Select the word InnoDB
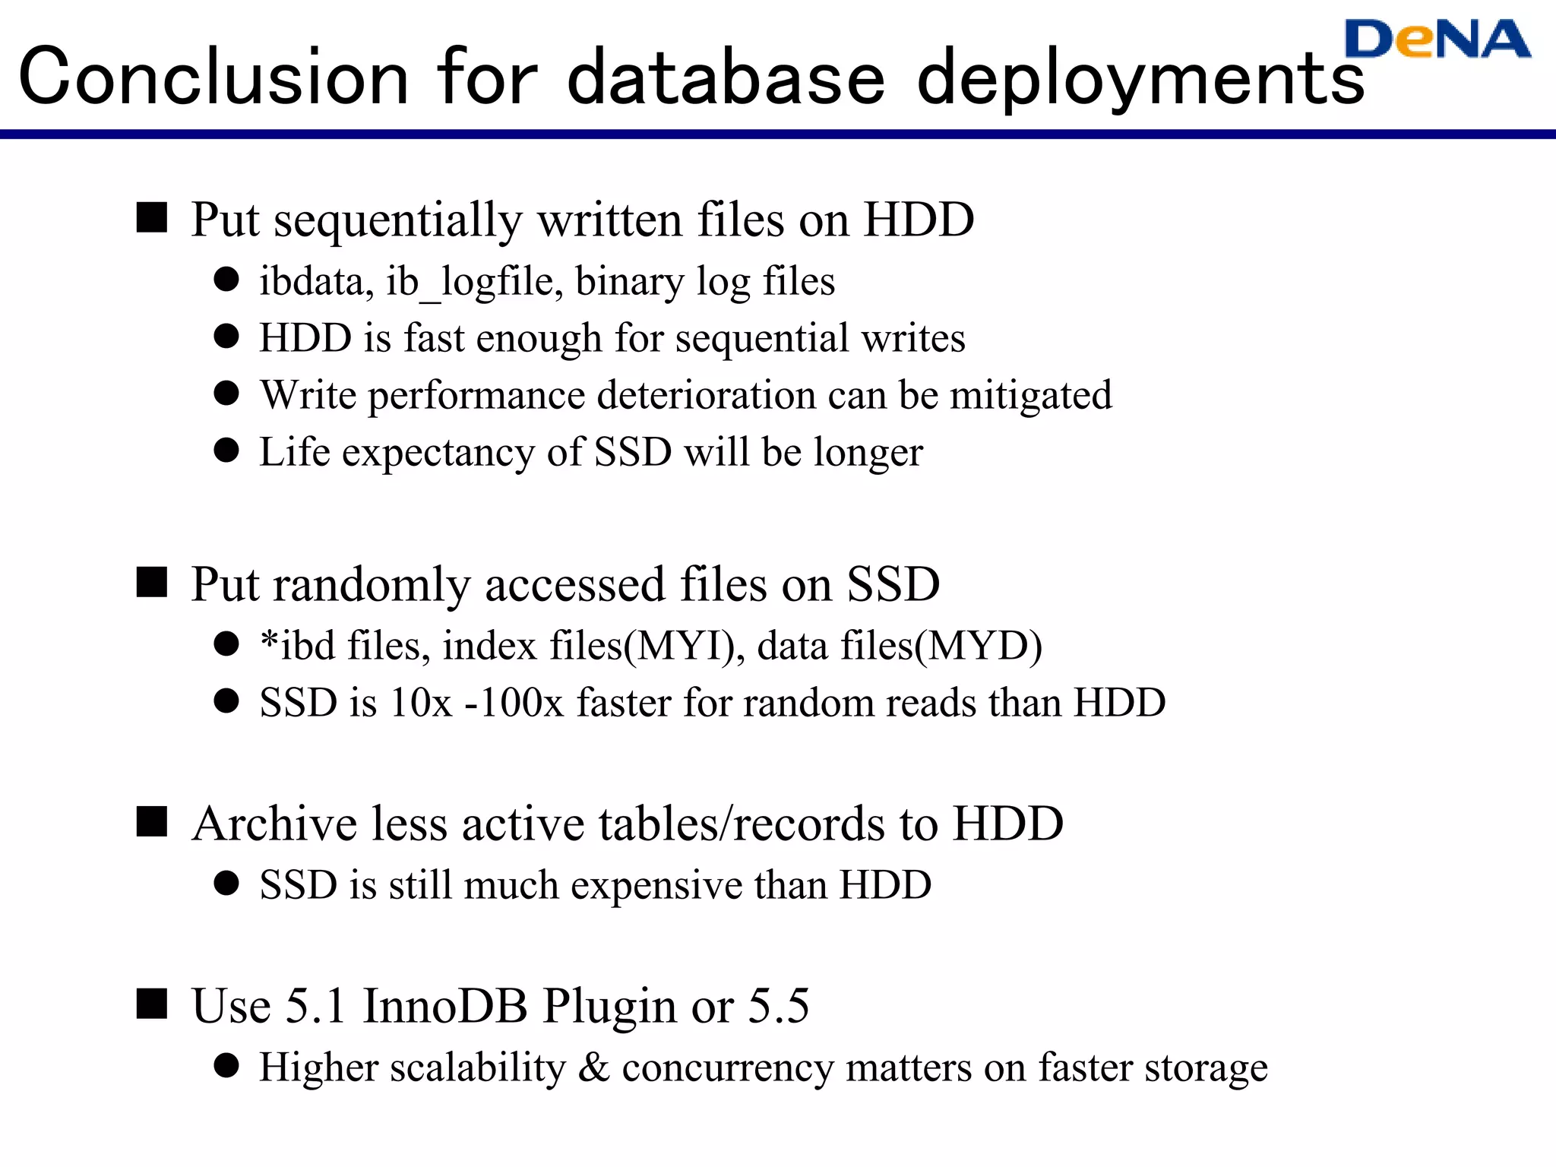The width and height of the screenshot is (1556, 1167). [x=445, y=1007]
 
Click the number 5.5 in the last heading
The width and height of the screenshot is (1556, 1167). [x=779, y=1007]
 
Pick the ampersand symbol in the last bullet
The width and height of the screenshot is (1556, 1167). [x=593, y=1067]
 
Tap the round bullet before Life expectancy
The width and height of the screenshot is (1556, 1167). [x=226, y=450]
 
